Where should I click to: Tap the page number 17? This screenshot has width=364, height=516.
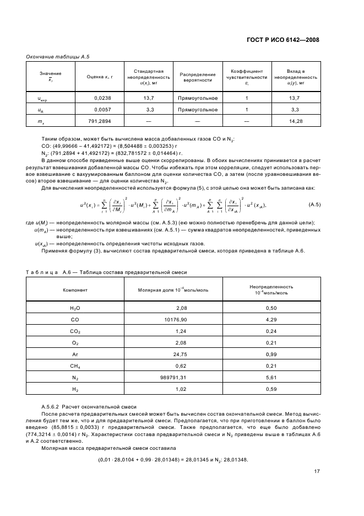coord(317,471)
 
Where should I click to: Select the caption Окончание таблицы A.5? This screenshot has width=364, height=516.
coord(58,56)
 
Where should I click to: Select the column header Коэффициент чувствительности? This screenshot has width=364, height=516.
coord(247,77)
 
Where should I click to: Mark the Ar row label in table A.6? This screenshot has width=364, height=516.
coord(75,354)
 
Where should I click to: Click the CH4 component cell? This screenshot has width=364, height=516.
coord(75,366)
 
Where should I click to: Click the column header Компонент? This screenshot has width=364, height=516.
coord(75,289)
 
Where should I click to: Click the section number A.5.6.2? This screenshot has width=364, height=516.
coord(54,406)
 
